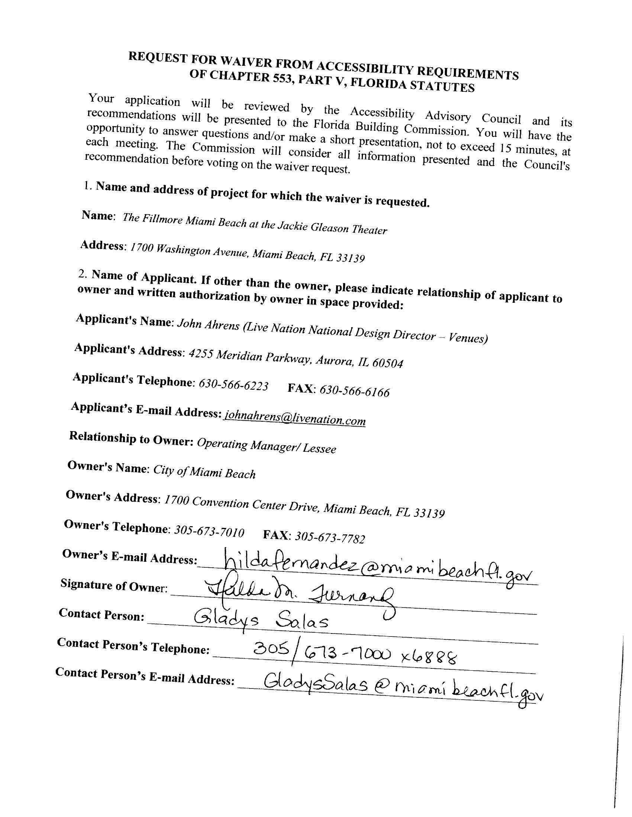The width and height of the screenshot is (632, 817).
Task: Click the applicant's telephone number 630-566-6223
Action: coord(233,385)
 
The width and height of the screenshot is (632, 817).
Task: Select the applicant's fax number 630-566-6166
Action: coord(354,391)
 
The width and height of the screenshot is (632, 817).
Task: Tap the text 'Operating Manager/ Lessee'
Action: coord(266,445)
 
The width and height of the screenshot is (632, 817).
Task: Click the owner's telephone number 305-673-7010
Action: coord(209,531)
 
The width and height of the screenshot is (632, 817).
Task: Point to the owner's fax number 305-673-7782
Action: coord(330,538)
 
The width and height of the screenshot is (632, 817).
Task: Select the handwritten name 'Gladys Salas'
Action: coord(262,621)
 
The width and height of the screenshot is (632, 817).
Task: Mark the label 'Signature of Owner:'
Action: coord(113,586)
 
